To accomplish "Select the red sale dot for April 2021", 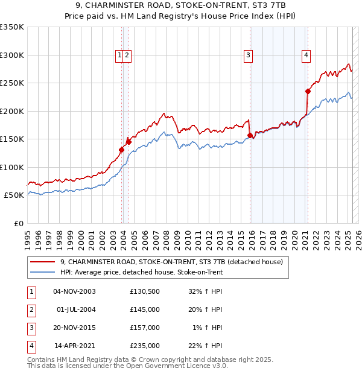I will [x=308, y=91].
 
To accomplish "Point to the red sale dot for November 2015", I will [x=250, y=135].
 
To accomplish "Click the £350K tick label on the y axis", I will [x=12, y=27].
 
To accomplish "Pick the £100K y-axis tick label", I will [x=12, y=167].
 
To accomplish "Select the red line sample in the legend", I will [x=42, y=262].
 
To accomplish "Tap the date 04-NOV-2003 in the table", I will [x=75, y=291].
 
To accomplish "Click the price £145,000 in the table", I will [x=145, y=309].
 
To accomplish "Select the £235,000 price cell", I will [x=145, y=346].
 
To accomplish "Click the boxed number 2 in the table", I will [x=30, y=309].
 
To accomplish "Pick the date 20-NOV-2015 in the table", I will [x=75, y=328].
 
